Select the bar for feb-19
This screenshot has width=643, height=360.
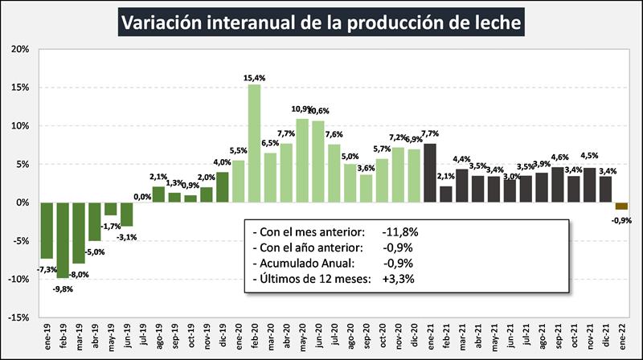(x=62, y=239)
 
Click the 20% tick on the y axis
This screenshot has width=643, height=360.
(x=19, y=49)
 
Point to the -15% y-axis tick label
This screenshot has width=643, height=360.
(x=18, y=317)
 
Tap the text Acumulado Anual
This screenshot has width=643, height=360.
(x=299, y=263)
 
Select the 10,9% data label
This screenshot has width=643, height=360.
(x=302, y=109)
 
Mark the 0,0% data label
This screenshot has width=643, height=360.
(x=142, y=196)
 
